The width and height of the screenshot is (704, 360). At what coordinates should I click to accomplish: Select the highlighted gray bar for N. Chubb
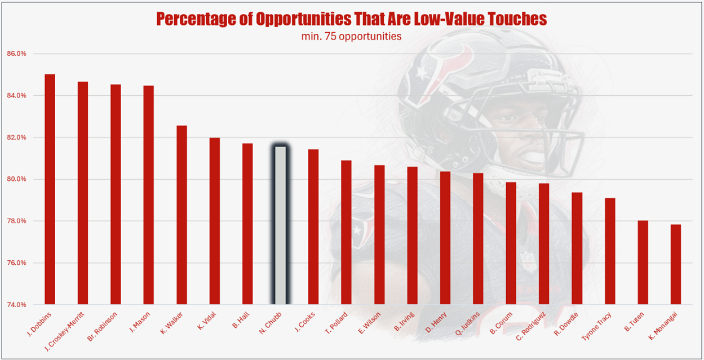point(280,225)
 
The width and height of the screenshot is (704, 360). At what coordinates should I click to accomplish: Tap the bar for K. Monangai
point(676,264)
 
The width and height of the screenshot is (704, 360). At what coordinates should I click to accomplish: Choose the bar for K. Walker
point(181,215)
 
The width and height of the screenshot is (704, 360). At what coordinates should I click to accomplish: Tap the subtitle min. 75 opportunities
point(351,37)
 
